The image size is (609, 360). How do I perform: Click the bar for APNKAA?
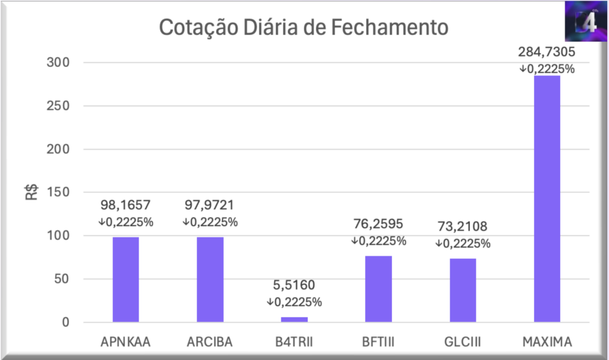click(125, 280)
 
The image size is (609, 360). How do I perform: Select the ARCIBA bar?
click(210, 280)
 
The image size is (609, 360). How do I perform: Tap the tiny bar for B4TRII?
click(294, 320)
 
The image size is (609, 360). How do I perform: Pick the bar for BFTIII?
click(378, 289)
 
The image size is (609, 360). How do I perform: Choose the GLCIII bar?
click(463, 290)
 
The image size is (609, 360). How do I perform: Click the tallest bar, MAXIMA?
click(547, 199)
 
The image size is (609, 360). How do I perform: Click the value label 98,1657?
click(125, 206)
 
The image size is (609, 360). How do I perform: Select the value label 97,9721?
click(210, 206)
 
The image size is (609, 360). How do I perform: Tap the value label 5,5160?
click(294, 286)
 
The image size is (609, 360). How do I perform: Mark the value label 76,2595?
click(378, 224)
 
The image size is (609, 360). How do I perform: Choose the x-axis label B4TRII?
click(294, 342)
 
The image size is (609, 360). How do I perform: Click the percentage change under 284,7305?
click(547, 69)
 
